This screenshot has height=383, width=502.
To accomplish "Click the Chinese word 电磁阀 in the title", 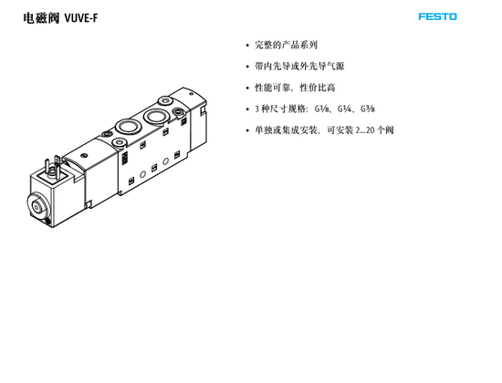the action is (x=41, y=18).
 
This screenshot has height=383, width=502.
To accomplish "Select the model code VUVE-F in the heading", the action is (x=81, y=18).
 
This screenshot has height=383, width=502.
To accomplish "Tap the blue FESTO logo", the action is (x=437, y=16).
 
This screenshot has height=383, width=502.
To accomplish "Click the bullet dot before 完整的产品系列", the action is (x=247, y=46).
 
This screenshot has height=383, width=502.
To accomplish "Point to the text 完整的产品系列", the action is (x=286, y=45).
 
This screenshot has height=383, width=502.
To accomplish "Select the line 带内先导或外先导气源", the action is (x=299, y=67).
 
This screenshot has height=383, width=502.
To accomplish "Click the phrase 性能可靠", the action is (x=273, y=88).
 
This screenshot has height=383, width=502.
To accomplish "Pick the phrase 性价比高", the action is (x=318, y=88).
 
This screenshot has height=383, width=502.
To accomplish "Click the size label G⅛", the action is (x=321, y=109).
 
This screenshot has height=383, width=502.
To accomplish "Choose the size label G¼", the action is (x=344, y=109).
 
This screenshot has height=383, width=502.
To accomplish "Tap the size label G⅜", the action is (x=368, y=109).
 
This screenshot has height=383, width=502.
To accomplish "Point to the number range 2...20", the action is (x=365, y=130).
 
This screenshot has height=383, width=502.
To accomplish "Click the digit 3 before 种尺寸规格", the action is (x=256, y=109).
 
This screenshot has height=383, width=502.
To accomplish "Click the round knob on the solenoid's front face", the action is (x=37, y=208).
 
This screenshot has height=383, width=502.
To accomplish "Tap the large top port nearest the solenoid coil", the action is (x=128, y=127).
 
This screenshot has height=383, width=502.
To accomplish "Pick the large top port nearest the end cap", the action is (x=156, y=116).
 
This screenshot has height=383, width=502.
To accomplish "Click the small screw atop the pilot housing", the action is (x=85, y=156).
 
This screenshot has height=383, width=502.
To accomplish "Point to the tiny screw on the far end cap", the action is (x=191, y=94).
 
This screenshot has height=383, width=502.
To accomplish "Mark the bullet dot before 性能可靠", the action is (x=247, y=88).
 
